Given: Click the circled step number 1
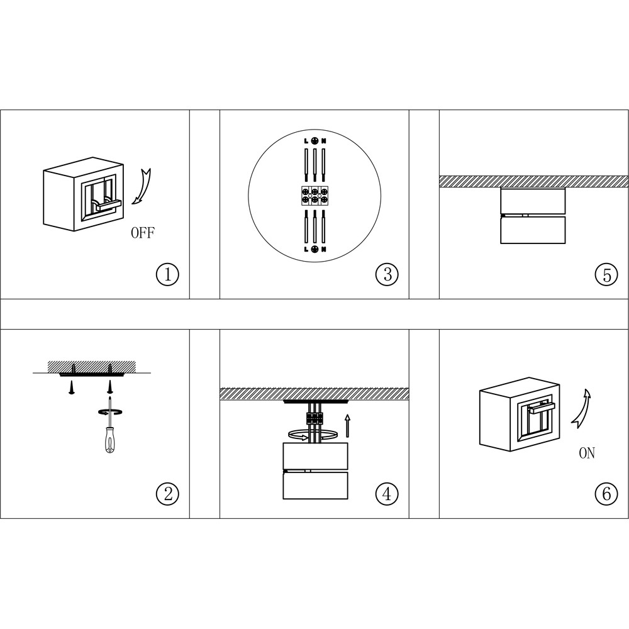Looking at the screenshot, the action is [x=167, y=274].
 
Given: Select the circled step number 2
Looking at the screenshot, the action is [x=167, y=493].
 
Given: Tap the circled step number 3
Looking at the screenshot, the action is [x=387, y=274].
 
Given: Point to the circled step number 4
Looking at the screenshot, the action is [x=387, y=493].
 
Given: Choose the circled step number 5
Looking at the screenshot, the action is [x=606, y=274].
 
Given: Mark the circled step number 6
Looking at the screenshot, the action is [x=606, y=493].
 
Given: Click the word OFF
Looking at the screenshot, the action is [x=143, y=233].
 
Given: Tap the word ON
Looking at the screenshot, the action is [x=586, y=454].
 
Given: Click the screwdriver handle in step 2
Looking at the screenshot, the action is [x=109, y=441].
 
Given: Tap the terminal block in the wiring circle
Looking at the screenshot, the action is [x=315, y=196].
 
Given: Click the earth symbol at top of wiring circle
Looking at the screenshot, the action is [x=315, y=141].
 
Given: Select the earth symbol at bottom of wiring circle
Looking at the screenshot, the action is [x=315, y=249].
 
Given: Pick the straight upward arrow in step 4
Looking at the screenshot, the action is [x=347, y=426].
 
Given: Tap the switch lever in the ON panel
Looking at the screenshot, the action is [x=542, y=408].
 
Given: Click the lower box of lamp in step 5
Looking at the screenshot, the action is [x=533, y=230].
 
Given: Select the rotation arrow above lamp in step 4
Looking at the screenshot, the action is [x=313, y=435].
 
